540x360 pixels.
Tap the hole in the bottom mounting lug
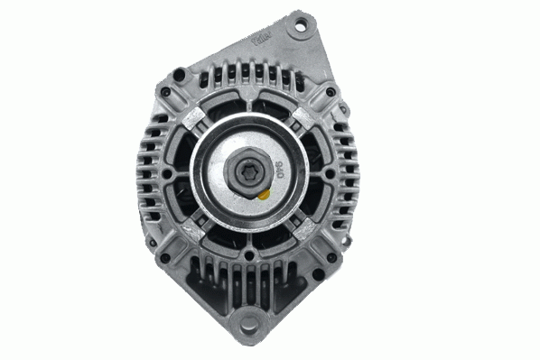point(247,322)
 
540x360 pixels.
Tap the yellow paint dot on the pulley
point(264,192)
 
